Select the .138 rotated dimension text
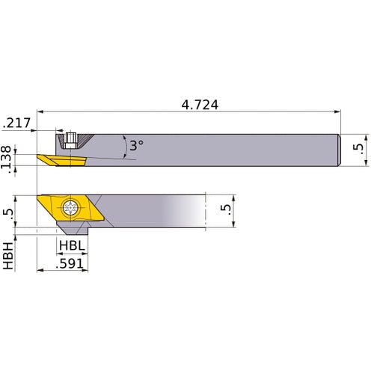click(8, 159)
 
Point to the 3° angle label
click(135, 146)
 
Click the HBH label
click(8, 254)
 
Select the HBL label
click(73, 245)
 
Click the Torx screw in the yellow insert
click(73, 208)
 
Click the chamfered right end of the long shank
click(340, 150)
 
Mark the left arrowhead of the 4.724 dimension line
click(40, 114)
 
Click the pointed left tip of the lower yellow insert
click(38, 197)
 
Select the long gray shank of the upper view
click(224, 150)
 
